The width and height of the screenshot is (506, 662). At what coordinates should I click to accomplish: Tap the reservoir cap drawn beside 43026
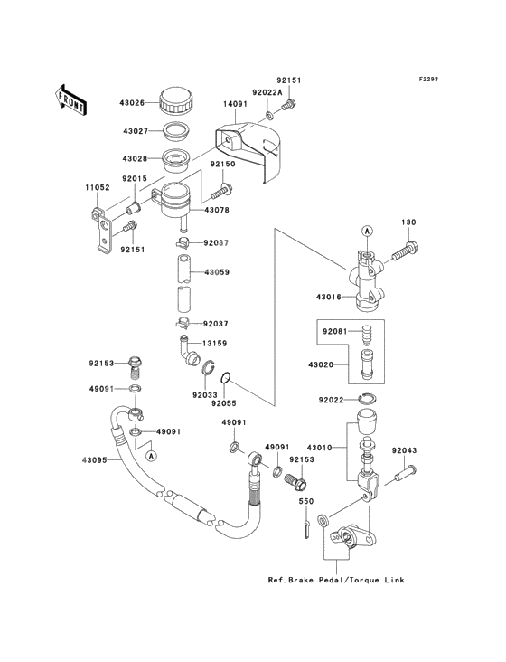click(x=173, y=99)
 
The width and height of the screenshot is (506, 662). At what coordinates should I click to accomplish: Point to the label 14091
click(x=236, y=105)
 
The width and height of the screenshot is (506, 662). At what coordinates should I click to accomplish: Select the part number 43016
click(x=328, y=297)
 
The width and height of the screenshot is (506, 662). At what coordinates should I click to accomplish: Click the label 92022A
click(x=268, y=91)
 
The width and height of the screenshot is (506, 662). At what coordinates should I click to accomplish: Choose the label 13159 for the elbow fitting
click(x=216, y=343)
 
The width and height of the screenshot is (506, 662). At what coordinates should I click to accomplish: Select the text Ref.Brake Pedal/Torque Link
click(x=336, y=580)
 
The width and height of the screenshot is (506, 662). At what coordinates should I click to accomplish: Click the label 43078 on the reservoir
click(x=216, y=211)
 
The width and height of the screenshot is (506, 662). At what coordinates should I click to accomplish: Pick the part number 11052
click(x=98, y=187)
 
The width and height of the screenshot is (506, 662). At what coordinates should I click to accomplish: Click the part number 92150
click(x=222, y=165)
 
